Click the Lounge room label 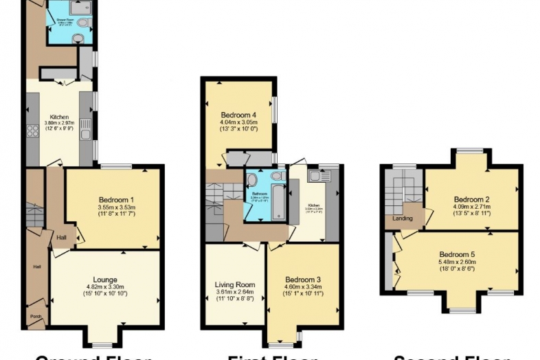coord(105,280)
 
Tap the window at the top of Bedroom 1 coord(115,166)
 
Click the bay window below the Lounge coord(103,344)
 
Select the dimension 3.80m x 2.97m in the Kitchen coord(60,124)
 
